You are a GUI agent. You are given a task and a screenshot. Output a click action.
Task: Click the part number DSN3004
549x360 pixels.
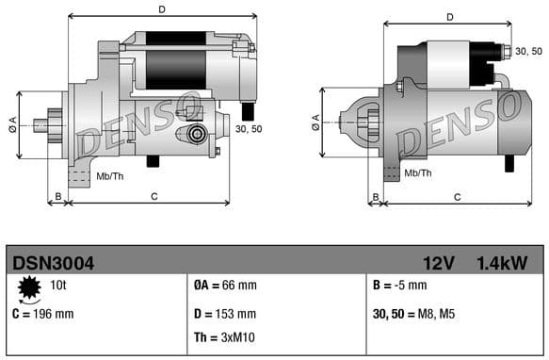click(x=52, y=262)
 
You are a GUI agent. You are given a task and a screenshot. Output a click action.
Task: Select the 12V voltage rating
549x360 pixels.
click(x=439, y=262)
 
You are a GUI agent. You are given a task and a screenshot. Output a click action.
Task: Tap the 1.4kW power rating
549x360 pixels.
click(x=502, y=262)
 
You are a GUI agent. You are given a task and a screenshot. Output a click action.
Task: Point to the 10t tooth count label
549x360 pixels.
click(x=57, y=283)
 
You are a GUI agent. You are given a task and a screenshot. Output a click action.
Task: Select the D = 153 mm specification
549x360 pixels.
click(x=224, y=314)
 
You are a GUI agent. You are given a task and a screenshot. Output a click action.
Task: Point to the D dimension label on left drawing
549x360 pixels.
click(x=162, y=9)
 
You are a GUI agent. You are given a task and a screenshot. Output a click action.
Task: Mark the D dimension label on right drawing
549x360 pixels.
click(x=450, y=17)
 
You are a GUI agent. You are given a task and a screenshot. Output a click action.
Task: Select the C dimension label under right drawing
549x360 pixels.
click(x=457, y=197)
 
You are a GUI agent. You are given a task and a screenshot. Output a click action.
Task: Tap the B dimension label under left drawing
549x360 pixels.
click(x=57, y=197)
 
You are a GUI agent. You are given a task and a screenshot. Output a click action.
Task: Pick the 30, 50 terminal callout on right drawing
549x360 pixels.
click(x=529, y=51)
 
